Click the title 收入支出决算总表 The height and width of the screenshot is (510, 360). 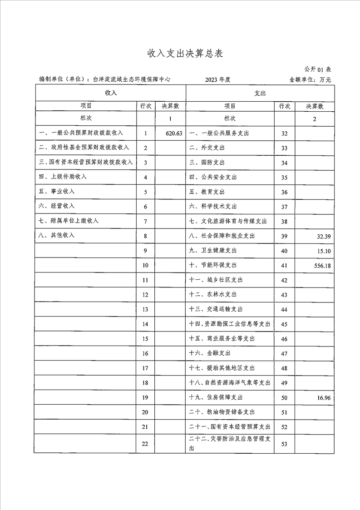click(x=185, y=53)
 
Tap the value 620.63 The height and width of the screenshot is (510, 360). click(x=174, y=134)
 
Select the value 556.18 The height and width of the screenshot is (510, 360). click(x=321, y=266)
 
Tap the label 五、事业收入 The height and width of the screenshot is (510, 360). click(x=57, y=191)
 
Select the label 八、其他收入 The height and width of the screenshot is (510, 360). click(x=57, y=235)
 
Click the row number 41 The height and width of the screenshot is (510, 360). click(x=285, y=266)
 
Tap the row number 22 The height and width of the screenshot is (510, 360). click(x=145, y=444)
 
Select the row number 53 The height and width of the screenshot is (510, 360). click(x=285, y=444)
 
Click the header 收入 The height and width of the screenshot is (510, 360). click(x=111, y=93)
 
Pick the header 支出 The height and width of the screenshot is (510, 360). click(x=260, y=93)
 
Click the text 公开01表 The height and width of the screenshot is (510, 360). click(x=318, y=69)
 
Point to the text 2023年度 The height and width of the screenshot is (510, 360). click(x=218, y=79)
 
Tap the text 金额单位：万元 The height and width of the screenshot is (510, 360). click(x=310, y=79)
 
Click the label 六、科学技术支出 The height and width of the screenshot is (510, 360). click(x=213, y=207)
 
